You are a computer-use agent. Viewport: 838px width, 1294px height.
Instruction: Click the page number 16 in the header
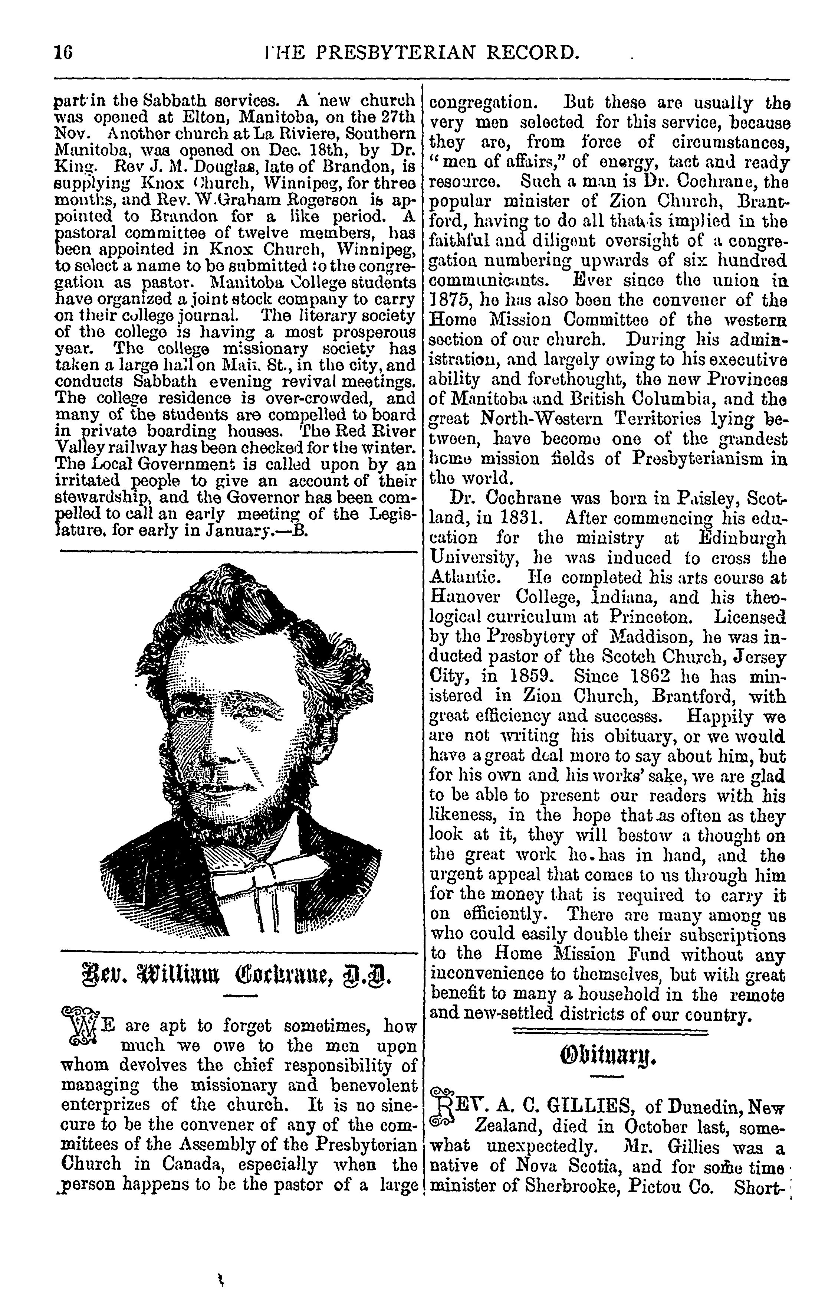63,53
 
